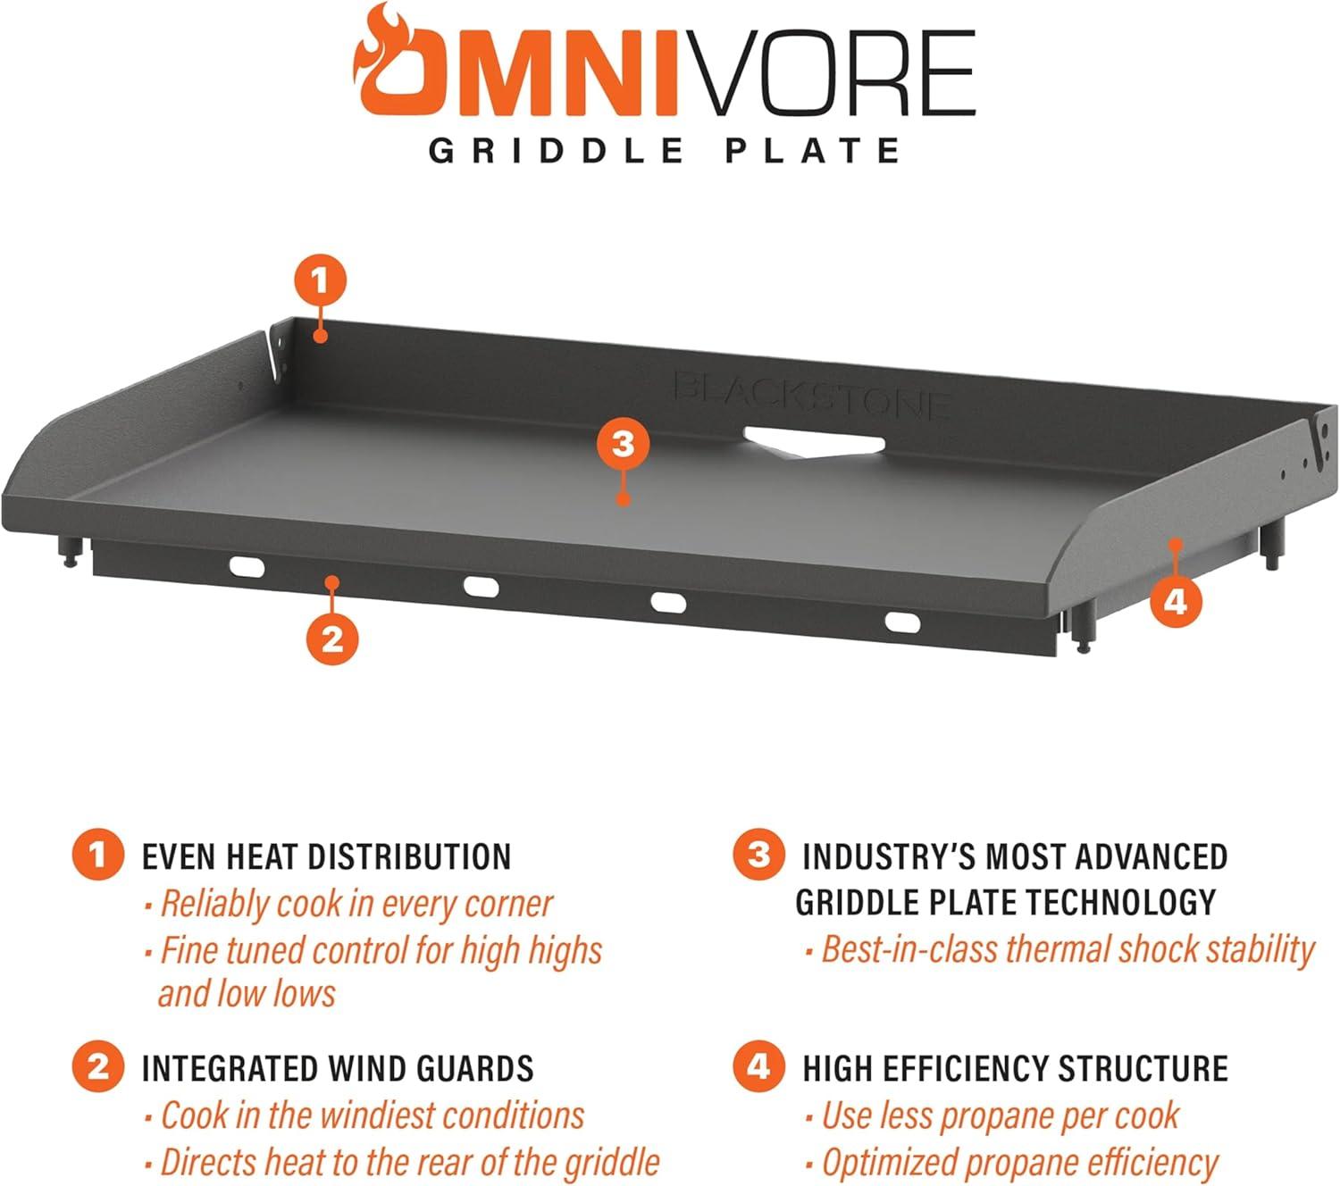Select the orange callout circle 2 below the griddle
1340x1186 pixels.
click(x=331, y=639)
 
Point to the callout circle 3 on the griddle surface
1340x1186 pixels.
click(x=624, y=443)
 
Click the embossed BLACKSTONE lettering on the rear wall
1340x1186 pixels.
click(x=809, y=395)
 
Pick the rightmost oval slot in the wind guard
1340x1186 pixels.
click(x=901, y=622)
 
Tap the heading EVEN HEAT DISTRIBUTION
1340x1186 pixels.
click(x=326, y=856)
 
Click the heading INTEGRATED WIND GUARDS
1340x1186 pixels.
click(x=338, y=1069)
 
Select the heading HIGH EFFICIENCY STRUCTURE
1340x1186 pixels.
click(x=1015, y=1069)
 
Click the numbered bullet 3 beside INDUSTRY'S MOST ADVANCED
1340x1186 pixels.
click(x=758, y=855)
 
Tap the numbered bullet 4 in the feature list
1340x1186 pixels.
click(x=758, y=1067)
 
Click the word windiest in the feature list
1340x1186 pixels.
click(x=377, y=1115)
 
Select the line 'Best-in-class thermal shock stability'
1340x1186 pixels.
click(x=1067, y=949)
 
